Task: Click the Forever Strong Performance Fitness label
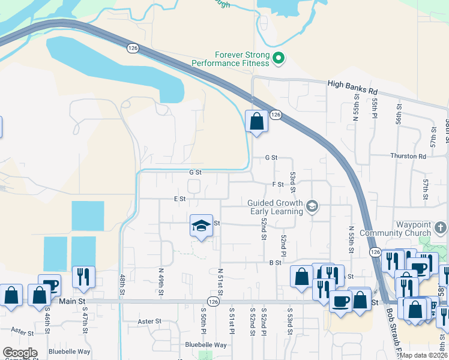coord(231,58)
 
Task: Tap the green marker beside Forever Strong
coord(279,58)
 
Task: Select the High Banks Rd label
coord(353,88)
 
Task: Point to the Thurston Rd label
coord(408,156)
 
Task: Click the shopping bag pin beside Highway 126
coord(256,121)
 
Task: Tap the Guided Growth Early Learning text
coord(276,206)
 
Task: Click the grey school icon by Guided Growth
coord(312,206)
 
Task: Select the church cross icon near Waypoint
coord(441,227)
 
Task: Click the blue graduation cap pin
coord(202,226)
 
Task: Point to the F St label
coord(277,184)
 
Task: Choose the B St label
coord(276,263)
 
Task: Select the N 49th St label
coord(161,278)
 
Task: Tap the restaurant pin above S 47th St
coord(83,277)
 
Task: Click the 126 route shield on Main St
coord(213,301)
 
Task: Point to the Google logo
coord(19,353)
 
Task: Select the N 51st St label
coord(220,280)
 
